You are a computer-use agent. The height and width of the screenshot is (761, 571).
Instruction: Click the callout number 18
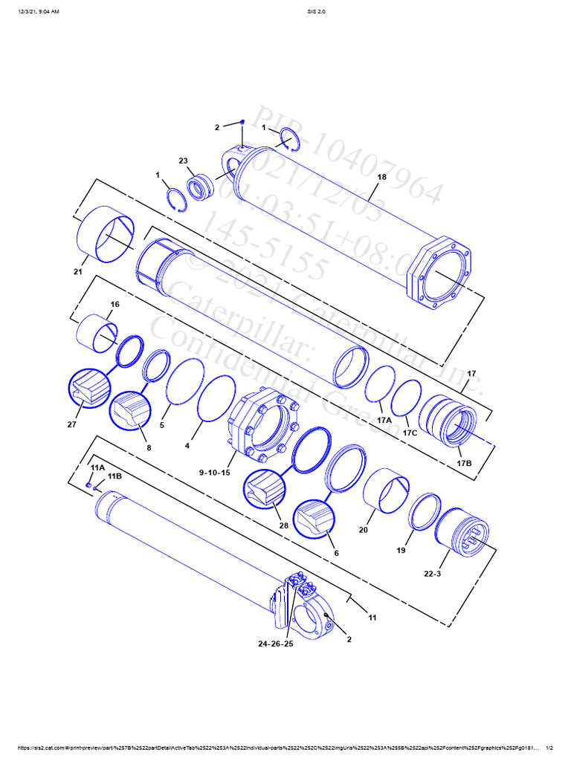point(381,177)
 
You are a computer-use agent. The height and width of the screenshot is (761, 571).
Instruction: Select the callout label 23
point(183,161)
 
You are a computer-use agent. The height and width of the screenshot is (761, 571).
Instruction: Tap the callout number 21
point(77,272)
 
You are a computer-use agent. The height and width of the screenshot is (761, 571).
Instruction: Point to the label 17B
point(464,463)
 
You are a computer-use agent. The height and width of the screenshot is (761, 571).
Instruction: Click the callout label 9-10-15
point(216,473)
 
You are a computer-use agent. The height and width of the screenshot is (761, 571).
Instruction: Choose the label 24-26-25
point(275,644)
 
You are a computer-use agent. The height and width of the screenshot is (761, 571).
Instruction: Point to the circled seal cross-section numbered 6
point(314,518)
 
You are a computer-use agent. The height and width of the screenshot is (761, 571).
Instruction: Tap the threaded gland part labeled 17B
point(448,425)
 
